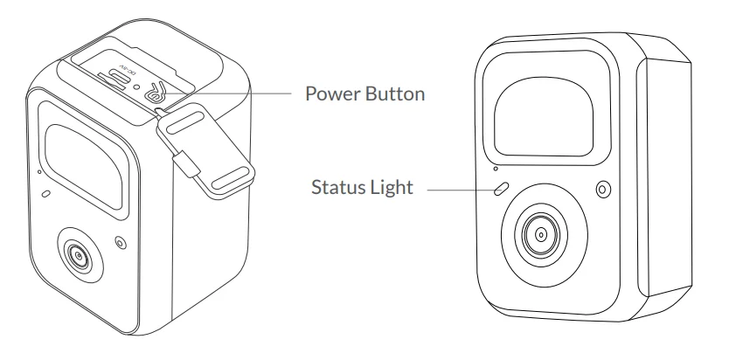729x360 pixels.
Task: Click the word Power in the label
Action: point(333,93)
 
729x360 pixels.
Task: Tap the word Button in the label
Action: point(395,93)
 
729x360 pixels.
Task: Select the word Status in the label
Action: point(337,187)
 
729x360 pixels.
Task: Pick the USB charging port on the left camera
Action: point(113,80)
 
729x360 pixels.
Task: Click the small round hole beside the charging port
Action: point(135,86)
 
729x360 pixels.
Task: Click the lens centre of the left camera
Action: point(78,255)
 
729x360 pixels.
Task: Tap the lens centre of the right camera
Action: point(541,234)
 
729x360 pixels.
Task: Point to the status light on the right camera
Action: point(501,189)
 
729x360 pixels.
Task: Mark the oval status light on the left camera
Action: point(46,193)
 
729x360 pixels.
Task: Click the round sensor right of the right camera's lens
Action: point(603,189)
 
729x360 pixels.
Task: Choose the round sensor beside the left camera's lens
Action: point(121,242)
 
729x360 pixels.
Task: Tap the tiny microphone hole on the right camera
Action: point(496,169)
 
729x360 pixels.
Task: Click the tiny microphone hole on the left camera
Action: point(39,172)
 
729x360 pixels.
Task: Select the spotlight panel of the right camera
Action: point(544,116)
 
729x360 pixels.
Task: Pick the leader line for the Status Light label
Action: point(461,190)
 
